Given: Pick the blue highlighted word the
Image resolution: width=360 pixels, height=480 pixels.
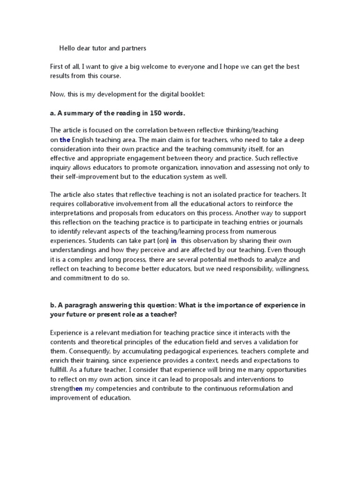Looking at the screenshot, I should (65, 140).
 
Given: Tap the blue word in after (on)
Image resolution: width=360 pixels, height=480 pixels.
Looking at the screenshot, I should (173, 241).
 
